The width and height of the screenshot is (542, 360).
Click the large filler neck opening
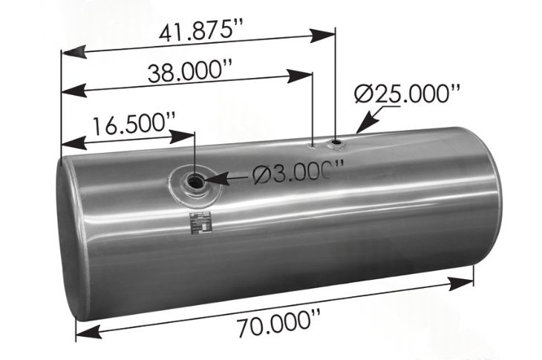(197, 180)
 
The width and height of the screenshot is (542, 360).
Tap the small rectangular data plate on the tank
(200, 221)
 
